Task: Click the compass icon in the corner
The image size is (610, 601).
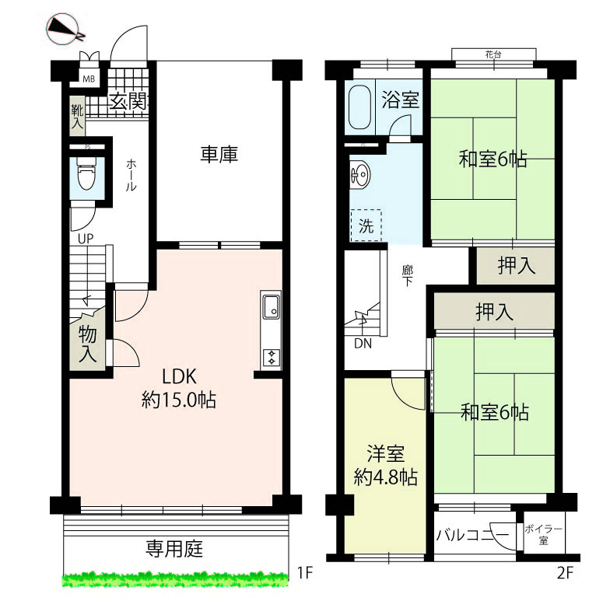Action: pos(65,29)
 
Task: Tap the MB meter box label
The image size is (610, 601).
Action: pos(89,79)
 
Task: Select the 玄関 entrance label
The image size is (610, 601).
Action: pos(128,101)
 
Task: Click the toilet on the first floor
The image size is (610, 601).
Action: pos(86,173)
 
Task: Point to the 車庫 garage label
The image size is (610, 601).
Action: pos(219,154)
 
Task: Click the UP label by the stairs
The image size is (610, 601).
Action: pos(86,238)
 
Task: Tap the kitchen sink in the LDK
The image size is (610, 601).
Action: pos(271,306)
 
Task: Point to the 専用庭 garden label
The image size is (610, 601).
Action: pos(174,549)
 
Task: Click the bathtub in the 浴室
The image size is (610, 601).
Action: pos(359,107)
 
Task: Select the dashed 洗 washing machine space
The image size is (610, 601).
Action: pos(366,225)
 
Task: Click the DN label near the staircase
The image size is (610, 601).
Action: pos(363,344)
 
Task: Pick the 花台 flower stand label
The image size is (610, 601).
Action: pos(493,54)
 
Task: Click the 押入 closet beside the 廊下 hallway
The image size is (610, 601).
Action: pos(516,266)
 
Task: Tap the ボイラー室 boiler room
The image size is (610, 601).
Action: pos(543,534)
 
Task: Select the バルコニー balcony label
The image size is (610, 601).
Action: pos(472,535)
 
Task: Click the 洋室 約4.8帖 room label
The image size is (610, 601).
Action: pos(386,465)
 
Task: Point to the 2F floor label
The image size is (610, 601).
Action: pos(565,573)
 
